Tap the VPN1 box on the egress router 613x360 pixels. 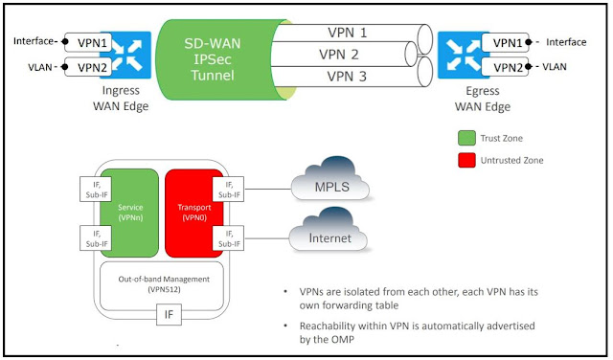coord(509,42)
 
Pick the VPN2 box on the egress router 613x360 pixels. coord(509,67)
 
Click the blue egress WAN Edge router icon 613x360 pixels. coord(462,55)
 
